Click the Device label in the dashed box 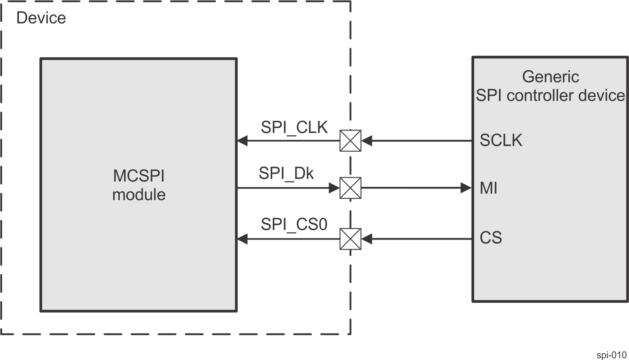point(41,18)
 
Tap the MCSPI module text point(139,185)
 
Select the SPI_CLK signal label point(294,127)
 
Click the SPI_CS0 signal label point(294,224)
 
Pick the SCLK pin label point(501,140)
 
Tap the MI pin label point(488,188)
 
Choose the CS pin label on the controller point(491,238)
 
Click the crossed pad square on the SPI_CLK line point(350,141)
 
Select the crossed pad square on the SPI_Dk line point(350,188)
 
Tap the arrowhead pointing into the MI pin point(466,188)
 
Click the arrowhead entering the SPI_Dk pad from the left point(334,188)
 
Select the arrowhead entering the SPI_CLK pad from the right point(367,141)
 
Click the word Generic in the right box point(550,77)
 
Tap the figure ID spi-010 point(611,355)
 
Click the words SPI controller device point(550,95)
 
